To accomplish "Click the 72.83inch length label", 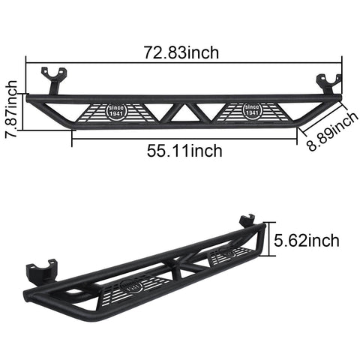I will click(183, 52).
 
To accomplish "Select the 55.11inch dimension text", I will click(184, 151).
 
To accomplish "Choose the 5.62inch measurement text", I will click(306, 240).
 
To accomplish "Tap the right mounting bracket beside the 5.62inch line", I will click(247, 223).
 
